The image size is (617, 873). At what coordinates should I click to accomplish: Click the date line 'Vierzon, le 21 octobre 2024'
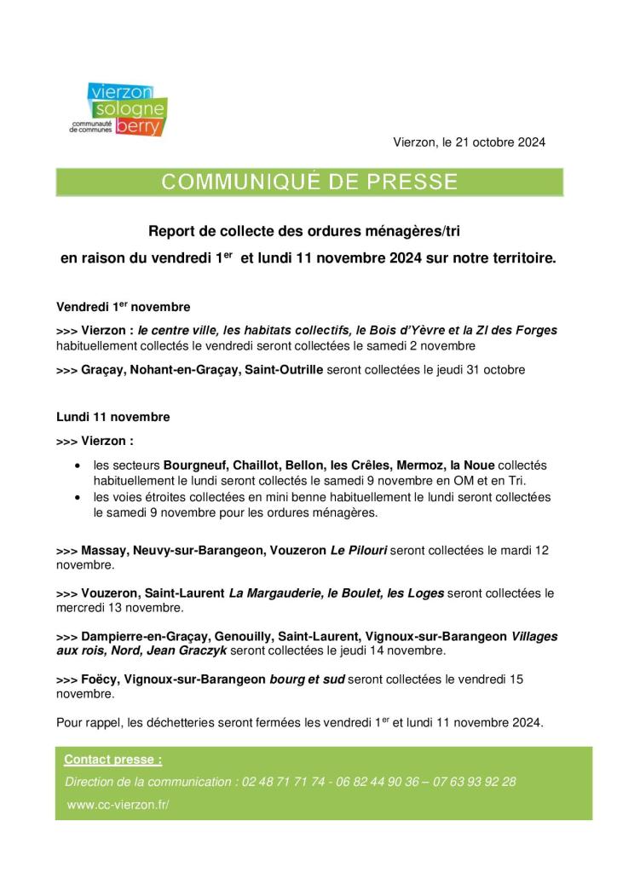click(469, 142)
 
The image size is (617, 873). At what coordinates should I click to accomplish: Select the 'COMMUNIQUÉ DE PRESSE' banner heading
click(309, 182)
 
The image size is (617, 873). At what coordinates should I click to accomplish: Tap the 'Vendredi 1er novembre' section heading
click(123, 306)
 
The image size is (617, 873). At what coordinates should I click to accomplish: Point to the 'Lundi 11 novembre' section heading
click(112, 417)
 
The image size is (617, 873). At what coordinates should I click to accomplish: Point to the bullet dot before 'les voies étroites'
click(78, 497)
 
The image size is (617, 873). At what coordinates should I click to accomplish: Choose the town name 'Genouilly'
click(245, 636)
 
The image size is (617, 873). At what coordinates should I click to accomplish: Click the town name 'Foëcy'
click(99, 679)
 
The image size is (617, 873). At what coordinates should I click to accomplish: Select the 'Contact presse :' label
click(113, 759)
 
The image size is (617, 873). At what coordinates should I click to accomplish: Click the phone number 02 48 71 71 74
click(285, 781)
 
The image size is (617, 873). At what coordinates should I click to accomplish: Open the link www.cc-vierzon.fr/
click(118, 804)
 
